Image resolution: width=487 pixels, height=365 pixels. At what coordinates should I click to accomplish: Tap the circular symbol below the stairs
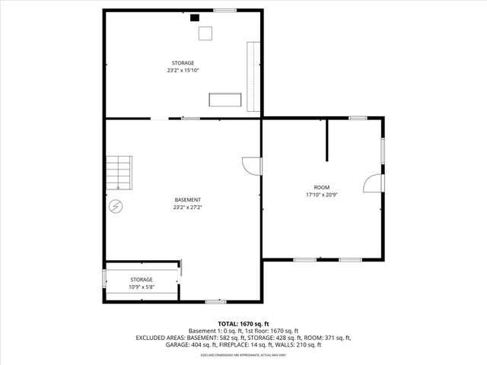pyautogui.click(x=116, y=205)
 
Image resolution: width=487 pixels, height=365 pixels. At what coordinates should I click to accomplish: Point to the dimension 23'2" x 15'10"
pyautogui.click(x=183, y=70)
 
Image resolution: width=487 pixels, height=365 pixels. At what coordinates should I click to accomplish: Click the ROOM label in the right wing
pyautogui.click(x=322, y=187)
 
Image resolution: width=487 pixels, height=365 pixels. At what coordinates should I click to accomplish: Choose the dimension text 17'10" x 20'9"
pyautogui.click(x=322, y=195)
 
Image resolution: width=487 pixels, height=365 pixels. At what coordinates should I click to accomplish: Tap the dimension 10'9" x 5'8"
pyautogui.click(x=141, y=287)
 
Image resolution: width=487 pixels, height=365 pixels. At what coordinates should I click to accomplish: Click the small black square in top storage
pyautogui.click(x=194, y=17)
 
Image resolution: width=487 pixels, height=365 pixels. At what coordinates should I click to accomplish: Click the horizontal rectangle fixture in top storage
pyautogui.click(x=225, y=100)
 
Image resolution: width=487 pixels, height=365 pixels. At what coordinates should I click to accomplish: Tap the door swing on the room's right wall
pyautogui.click(x=373, y=183)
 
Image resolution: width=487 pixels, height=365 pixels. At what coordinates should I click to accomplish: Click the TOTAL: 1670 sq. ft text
pyautogui.click(x=243, y=324)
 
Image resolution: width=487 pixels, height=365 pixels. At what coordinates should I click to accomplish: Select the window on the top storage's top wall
pyautogui.click(x=224, y=10)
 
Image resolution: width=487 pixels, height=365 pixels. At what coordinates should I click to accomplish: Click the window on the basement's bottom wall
pyautogui.click(x=215, y=302)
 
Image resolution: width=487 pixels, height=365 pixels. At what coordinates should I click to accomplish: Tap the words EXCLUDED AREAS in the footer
pyautogui.click(x=161, y=338)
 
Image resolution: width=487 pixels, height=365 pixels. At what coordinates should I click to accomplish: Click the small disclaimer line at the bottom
pyautogui.click(x=243, y=355)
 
